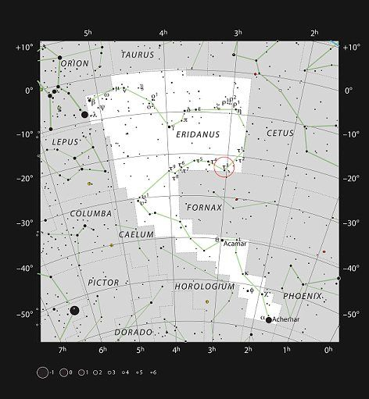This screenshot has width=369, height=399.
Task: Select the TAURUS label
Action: click(138, 55)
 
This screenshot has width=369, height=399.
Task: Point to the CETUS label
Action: click(279, 134)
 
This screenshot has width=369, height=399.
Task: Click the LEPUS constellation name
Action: click(66, 142)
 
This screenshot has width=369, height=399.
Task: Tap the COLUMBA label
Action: click(91, 212)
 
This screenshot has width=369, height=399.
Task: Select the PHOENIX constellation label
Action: click(302, 297)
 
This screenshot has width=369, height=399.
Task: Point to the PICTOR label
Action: click(104, 282)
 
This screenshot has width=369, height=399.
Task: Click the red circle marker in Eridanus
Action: click(224, 166)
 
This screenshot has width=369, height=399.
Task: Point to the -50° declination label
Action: click(23, 315)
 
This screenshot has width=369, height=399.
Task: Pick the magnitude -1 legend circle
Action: click(41, 372)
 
